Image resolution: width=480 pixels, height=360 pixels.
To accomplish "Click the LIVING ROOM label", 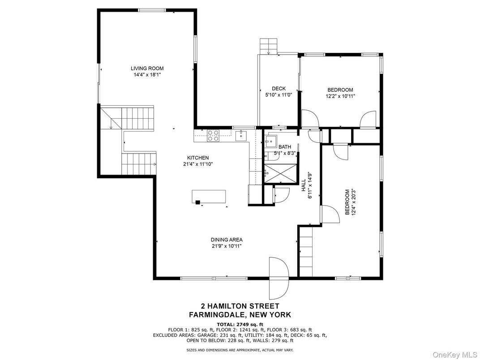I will point(147,69).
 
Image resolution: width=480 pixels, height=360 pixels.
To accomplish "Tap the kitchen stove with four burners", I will point(213,135).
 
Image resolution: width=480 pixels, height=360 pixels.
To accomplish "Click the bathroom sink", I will point(270,143).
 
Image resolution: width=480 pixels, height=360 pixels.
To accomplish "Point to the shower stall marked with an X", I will point(279,173).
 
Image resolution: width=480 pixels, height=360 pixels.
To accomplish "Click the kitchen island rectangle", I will point(209,196).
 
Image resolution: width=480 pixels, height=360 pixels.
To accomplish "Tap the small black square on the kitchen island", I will point(197,202).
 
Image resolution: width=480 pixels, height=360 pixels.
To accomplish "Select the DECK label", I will point(279,89).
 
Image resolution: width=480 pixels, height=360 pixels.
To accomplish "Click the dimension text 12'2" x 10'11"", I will point(340,96).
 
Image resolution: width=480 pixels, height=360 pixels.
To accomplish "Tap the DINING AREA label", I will point(227,240).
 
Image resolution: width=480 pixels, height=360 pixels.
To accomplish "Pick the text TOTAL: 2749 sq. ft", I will point(240,324).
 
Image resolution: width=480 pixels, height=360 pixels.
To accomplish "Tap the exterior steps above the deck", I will point(269,46).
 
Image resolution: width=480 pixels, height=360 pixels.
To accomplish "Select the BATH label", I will point(285,147).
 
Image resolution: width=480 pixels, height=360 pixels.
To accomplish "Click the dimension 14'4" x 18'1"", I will point(147,75).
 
